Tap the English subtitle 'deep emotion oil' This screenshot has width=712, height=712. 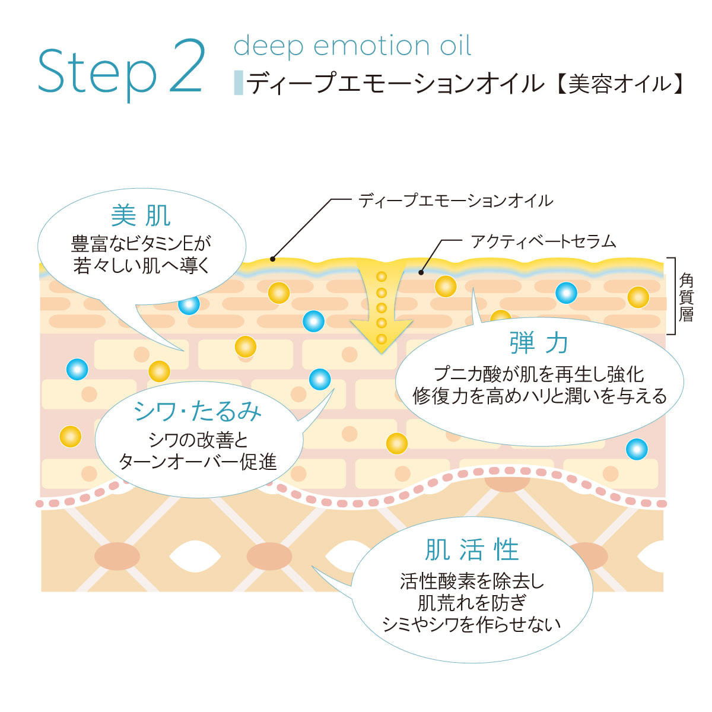pos(352,46)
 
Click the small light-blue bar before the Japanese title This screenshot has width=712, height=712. pos(239,83)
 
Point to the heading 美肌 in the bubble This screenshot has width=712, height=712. pos(141,216)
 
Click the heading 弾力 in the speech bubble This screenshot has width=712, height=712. pos(539,343)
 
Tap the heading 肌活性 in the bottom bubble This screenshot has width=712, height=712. pos(472,549)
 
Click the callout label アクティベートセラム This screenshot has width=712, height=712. pos(543,241)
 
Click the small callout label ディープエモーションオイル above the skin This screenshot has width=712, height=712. pos(456,201)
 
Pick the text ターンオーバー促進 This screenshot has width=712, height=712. pos(198,462)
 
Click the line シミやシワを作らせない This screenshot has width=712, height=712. pos(472,624)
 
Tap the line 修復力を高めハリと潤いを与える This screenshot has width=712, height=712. pos(539,396)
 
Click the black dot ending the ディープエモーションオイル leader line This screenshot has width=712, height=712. pos(272,258)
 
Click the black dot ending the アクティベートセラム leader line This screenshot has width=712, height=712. pos(421,272)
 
